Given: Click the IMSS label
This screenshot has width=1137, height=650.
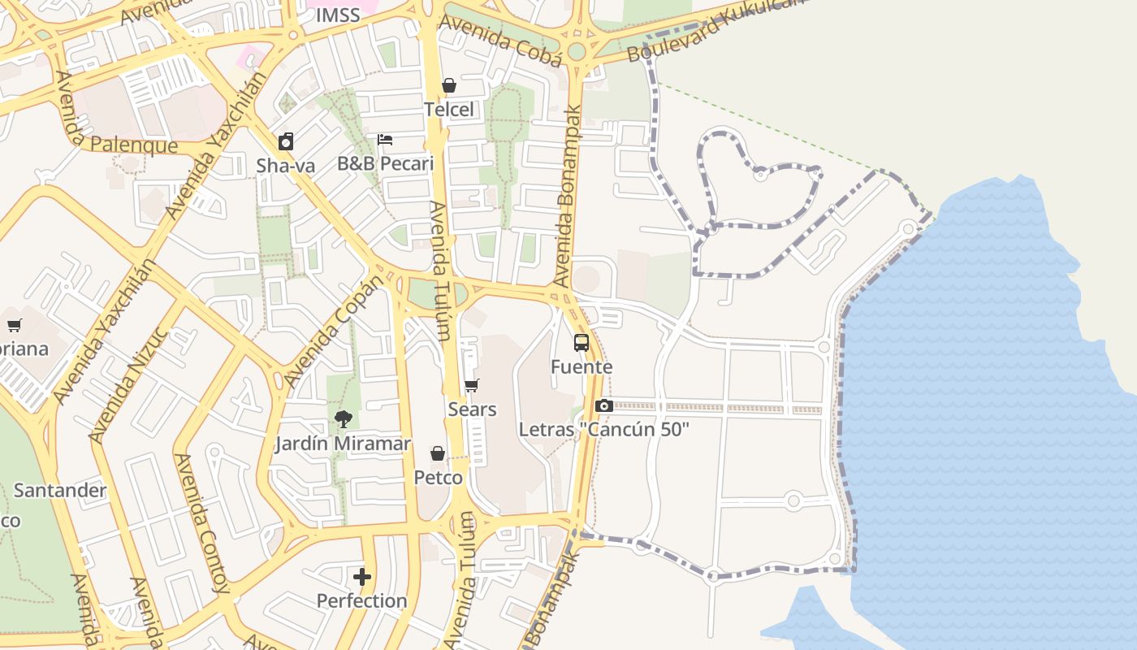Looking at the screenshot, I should pyautogui.click(x=337, y=15).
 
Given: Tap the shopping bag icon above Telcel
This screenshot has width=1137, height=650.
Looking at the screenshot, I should pyautogui.click(x=449, y=85).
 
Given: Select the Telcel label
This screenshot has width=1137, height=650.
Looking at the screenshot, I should pyautogui.click(x=449, y=109).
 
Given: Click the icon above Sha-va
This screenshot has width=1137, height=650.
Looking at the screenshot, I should pyautogui.click(x=286, y=142).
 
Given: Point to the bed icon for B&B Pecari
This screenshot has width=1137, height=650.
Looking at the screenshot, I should pyautogui.click(x=385, y=140).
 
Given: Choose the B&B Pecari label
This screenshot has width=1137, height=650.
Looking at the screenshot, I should pyautogui.click(x=385, y=163).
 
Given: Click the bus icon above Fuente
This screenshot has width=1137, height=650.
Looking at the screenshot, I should pyautogui.click(x=581, y=343).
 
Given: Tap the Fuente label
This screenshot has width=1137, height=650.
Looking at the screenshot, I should pyautogui.click(x=581, y=366).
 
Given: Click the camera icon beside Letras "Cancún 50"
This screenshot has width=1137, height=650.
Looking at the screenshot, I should pyautogui.click(x=603, y=405).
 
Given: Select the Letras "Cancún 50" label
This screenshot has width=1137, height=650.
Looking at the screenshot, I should pyautogui.click(x=603, y=429).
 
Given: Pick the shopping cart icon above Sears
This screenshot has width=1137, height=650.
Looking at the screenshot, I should pyautogui.click(x=472, y=385).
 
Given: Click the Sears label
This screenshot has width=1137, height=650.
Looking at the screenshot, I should pyautogui.click(x=472, y=409).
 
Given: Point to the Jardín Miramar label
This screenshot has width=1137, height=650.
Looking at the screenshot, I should pyautogui.click(x=343, y=444).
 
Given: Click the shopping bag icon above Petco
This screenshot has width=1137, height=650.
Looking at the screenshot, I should pyautogui.click(x=438, y=453).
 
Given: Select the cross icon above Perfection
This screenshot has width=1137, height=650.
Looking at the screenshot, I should pyautogui.click(x=362, y=577).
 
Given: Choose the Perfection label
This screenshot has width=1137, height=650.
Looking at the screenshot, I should pyautogui.click(x=362, y=600).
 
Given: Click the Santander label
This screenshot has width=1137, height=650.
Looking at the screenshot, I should pyautogui.click(x=60, y=490).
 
